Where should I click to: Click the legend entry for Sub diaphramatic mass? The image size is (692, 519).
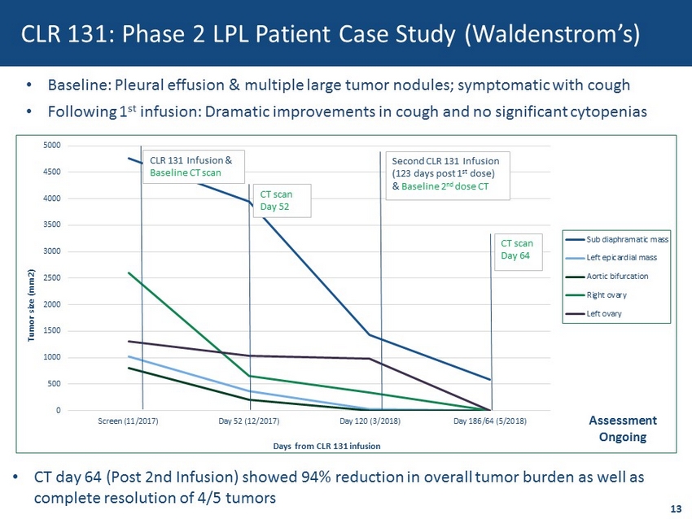tap(617, 239)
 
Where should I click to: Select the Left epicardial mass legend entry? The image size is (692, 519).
tap(611, 258)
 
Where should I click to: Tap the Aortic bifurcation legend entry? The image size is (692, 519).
tap(607, 277)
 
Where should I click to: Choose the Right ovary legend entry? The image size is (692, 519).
tap(597, 295)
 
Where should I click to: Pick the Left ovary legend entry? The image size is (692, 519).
tap(594, 314)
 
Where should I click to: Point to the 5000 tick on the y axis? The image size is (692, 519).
tap(51, 146)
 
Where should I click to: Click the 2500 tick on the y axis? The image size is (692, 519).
tap(51, 277)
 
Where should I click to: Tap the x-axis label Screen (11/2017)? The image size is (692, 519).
tap(128, 421)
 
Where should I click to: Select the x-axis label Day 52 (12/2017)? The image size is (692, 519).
tap(249, 421)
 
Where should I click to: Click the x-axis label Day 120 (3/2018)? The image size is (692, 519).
tap(370, 421)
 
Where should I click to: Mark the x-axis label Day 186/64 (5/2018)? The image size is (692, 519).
tap(490, 421)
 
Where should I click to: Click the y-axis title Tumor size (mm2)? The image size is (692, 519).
tap(31, 305)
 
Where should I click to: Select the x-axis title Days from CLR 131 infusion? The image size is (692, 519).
tap(326, 447)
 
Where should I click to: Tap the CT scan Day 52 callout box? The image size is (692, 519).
tap(282, 201)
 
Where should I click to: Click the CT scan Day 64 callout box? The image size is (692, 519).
tap(517, 252)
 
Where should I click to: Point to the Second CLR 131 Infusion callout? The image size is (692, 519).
tap(448, 176)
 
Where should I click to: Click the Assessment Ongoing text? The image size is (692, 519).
tap(623, 429)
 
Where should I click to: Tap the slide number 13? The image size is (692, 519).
tap(676, 509)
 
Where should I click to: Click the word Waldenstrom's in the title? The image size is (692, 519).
tap(552, 34)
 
